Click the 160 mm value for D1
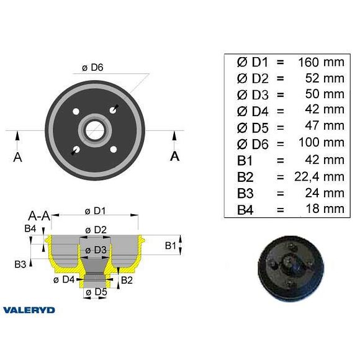[x=321, y=61]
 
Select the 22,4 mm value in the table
[x=318, y=177]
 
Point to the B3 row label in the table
[x=246, y=193]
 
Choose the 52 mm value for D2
[x=325, y=78]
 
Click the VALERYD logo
[x=29, y=310]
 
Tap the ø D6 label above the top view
[x=92, y=68]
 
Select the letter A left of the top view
[x=17, y=157]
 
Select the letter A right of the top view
[x=175, y=156]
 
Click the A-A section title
[x=39, y=215]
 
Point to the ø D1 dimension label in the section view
[x=95, y=210]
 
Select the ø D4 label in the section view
[x=65, y=280]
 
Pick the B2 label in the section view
[x=127, y=280]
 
